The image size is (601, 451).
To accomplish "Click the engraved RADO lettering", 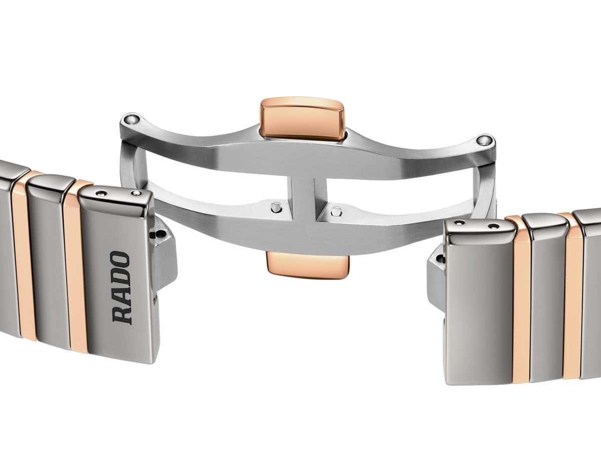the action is [121, 288].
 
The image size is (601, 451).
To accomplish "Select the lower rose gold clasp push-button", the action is [308, 265].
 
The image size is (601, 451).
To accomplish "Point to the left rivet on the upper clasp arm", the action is [131, 119].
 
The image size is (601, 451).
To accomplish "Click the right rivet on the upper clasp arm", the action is [483, 140].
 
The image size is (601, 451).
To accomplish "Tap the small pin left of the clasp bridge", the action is [276, 207].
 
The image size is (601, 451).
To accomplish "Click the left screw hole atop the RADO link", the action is [102, 193].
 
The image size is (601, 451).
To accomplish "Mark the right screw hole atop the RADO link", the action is [136, 193].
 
